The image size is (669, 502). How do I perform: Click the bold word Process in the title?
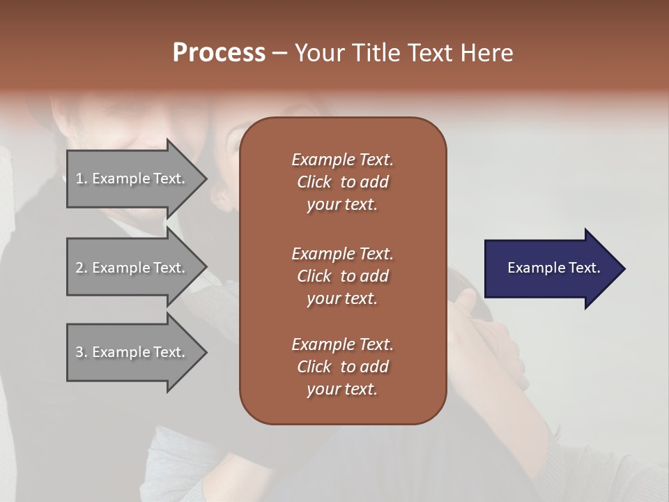click(x=219, y=53)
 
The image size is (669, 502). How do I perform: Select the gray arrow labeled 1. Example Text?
click(x=132, y=179)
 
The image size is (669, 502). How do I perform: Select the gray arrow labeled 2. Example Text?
click(x=132, y=268)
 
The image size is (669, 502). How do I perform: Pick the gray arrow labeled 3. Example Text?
click(x=132, y=352)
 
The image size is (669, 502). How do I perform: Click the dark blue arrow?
click(x=551, y=268)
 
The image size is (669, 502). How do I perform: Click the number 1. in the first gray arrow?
click(x=81, y=179)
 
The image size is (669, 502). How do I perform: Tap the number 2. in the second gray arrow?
click(x=81, y=268)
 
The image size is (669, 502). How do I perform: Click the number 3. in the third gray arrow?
click(x=81, y=352)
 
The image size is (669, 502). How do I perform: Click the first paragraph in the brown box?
click(x=342, y=182)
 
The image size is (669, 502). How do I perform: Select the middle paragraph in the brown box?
click(x=342, y=276)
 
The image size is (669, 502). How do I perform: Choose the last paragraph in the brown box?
click(x=342, y=367)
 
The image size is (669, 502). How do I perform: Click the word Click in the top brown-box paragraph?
click(x=314, y=182)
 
